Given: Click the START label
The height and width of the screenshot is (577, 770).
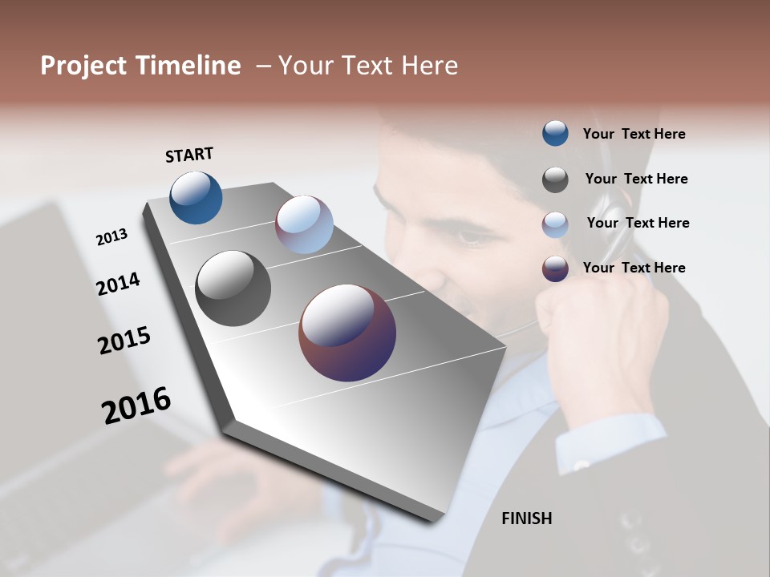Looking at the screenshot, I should tap(189, 155).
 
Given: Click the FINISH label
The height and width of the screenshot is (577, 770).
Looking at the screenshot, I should tap(526, 518).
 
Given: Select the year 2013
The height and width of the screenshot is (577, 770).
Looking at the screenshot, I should tap(111, 237).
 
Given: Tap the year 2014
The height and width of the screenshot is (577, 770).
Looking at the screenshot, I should tap(118, 284).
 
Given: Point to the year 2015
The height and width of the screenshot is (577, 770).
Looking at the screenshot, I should tap(124, 341).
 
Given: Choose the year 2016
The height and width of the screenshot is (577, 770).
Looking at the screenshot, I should tap(136, 405).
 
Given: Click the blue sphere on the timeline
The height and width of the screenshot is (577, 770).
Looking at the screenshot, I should tap(196, 197).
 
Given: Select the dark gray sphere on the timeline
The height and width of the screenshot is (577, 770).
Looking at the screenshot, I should tap(233, 288).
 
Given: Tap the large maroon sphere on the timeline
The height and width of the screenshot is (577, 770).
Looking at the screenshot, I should tap(346, 333).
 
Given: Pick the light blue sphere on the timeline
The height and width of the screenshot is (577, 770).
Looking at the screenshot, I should tap(304, 224).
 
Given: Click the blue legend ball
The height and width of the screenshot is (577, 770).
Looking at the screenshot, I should tap(555, 133).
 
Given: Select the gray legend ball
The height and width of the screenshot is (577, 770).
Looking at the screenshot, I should tap(555, 180).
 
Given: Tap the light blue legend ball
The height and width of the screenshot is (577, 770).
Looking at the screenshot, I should tap(555, 224).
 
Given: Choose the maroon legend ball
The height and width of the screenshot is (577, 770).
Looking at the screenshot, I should tap(555, 268).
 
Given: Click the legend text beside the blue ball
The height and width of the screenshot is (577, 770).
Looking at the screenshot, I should tap(634, 134).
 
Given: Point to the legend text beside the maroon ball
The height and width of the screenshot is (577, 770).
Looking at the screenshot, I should tap(634, 268).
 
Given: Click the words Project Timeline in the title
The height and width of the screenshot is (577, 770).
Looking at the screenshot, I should tap(140, 66).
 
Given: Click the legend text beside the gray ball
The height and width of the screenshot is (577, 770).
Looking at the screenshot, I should tap(636, 179).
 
